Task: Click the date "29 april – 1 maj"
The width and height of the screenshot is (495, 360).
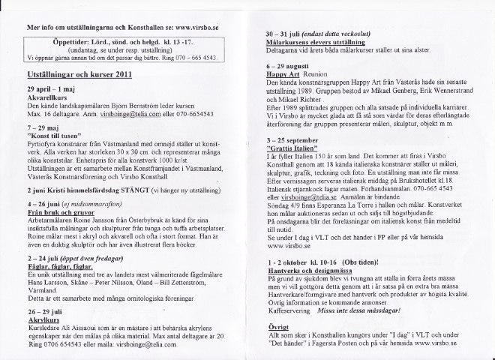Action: click(52, 89)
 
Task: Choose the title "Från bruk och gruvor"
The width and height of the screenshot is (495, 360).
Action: click(58, 212)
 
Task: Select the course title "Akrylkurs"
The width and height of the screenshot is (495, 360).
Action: click(43, 319)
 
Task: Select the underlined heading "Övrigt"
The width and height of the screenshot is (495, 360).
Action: click(278, 328)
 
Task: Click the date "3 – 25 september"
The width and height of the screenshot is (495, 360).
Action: click(295, 140)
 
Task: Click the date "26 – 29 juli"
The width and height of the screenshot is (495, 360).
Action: click(47, 310)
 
